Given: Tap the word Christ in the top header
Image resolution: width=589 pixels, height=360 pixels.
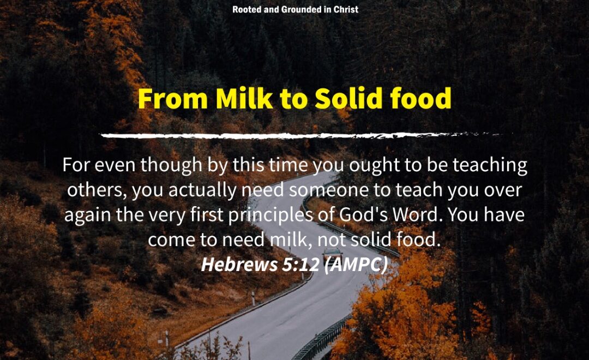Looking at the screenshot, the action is (346, 9).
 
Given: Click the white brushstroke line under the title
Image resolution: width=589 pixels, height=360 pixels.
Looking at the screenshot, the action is (306, 135).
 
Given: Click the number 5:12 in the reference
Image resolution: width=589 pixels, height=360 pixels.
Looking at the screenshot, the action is (300, 265).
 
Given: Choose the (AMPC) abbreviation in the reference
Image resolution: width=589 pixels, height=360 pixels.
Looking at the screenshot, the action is (356, 265).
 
